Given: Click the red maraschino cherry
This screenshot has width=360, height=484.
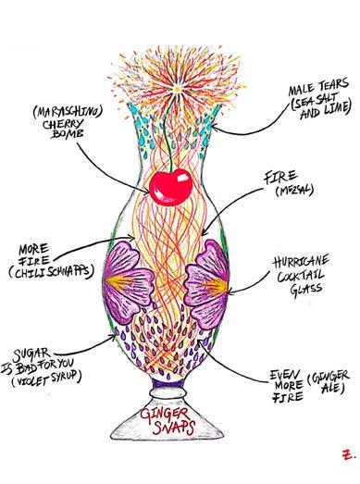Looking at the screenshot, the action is (170, 187).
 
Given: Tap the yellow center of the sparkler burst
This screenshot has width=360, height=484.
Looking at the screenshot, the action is (177, 89).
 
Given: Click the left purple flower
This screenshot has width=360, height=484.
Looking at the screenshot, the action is (127, 281).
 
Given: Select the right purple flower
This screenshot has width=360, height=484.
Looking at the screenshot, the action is (207, 284).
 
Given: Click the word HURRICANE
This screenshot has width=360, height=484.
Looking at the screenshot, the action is (301, 263).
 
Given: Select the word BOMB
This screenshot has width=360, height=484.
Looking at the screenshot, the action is (68, 134).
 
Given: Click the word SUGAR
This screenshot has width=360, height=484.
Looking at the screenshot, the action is (31, 355).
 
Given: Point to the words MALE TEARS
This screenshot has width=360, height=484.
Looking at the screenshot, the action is (318, 87).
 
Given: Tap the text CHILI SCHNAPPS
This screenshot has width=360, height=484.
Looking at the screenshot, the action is (52, 271).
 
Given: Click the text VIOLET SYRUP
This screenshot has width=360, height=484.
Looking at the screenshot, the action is (46, 379).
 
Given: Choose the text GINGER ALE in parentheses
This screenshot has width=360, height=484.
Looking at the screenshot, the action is (329, 381).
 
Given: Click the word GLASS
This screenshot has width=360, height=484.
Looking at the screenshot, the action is (306, 290).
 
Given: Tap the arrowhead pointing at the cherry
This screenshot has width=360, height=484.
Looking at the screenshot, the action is (146, 191).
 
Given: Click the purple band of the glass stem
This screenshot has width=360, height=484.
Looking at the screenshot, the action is (168, 383).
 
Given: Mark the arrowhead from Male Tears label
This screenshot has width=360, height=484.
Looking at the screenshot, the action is (215, 127).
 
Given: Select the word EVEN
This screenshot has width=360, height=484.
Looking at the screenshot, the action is (285, 375).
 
